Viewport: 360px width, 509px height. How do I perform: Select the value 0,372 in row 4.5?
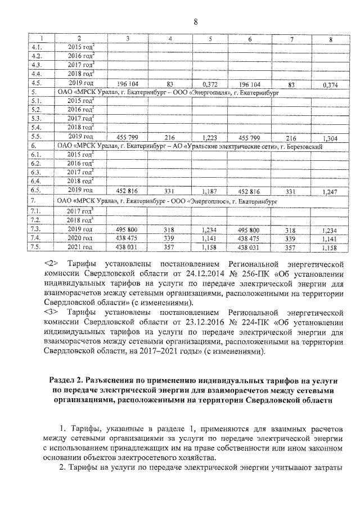[x=210, y=83]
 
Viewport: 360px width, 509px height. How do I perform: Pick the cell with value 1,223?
[x=210, y=137]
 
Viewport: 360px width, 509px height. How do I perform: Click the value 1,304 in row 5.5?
[x=331, y=137]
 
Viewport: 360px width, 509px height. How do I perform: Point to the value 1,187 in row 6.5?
[x=210, y=191]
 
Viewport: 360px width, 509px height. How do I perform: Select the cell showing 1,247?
[x=331, y=191]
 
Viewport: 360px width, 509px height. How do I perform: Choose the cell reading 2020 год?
[x=79, y=238]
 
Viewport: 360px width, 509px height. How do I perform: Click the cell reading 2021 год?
[x=79, y=247]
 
